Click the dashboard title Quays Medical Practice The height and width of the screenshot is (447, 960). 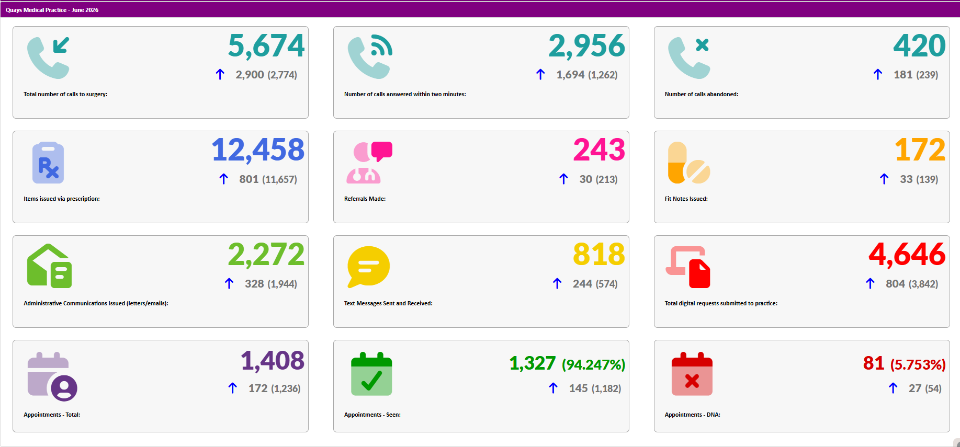(36, 10)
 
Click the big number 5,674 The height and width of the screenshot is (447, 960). (266, 46)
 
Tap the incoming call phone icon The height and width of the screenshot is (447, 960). (48, 58)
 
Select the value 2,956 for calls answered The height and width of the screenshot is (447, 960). (586, 46)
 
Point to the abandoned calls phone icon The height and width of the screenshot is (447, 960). (689, 58)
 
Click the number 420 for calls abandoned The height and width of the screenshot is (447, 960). (919, 45)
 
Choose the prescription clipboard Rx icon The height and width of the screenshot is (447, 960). (48, 163)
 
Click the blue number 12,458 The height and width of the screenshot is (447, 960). (258, 151)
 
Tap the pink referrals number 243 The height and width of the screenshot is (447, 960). (599, 150)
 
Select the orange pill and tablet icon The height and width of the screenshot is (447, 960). (689, 163)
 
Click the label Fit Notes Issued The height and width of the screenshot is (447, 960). (686, 199)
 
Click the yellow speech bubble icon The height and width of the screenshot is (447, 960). (369, 267)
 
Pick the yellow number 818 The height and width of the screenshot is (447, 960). (599, 255)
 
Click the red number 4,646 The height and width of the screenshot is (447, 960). (907, 255)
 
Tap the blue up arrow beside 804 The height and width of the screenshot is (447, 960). (871, 283)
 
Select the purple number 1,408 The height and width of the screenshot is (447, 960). (273, 361)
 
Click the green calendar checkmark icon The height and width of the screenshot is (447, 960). (371, 374)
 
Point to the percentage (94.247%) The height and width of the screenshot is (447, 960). (593, 364)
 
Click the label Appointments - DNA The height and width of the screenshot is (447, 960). (692, 415)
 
